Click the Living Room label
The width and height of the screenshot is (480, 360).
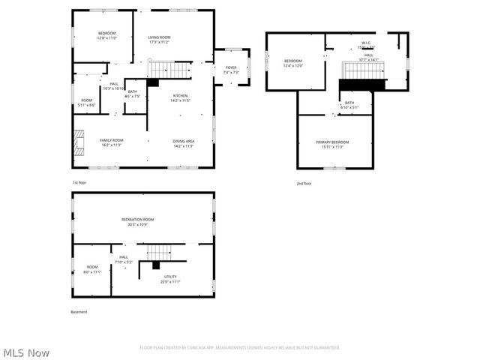pyautogui.click(x=159, y=39)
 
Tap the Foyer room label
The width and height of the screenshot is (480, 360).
pyautogui.click(x=231, y=70)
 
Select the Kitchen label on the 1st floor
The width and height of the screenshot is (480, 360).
pyautogui.click(x=181, y=97)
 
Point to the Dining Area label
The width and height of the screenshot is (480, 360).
pyautogui.click(x=184, y=142)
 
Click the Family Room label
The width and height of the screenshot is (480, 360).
pyautogui.click(x=112, y=142)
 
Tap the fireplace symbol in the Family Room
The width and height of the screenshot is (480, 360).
pyautogui.click(x=79, y=142)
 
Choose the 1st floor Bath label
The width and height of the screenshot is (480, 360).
pyautogui.click(x=132, y=94)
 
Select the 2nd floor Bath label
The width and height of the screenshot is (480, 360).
pyautogui.click(x=349, y=105)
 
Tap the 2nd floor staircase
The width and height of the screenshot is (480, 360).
pyautogui.click(x=363, y=70)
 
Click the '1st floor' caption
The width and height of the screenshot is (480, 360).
pyautogui.click(x=79, y=183)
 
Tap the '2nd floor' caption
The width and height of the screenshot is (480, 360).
pyautogui.click(x=304, y=183)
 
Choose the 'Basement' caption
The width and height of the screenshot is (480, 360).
pyautogui.click(x=79, y=312)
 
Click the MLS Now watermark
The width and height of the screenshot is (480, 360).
pyautogui.click(x=27, y=352)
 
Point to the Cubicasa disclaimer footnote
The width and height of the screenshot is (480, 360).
pyautogui.click(x=240, y=347)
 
